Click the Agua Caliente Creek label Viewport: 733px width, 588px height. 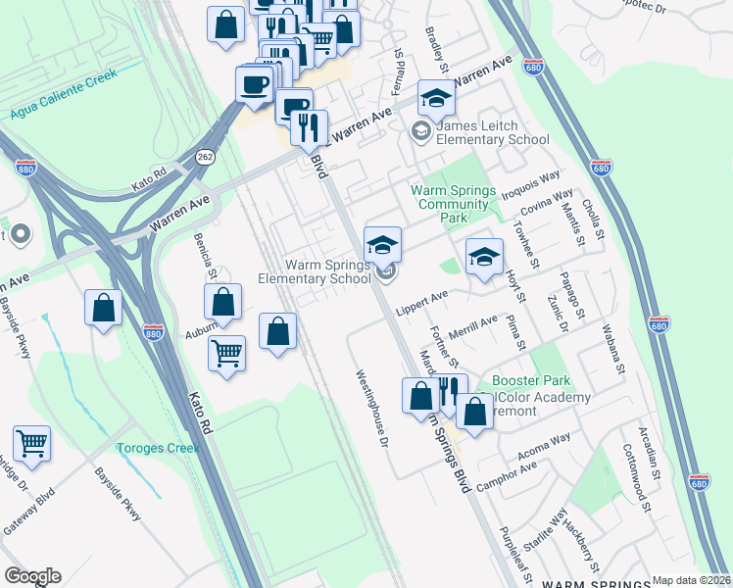[x=63, y=93]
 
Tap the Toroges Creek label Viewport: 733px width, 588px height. [x=158, y=448]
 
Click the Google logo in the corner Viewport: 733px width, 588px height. [x=32, y=576]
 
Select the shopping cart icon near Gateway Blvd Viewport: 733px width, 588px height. [x=31, y=443]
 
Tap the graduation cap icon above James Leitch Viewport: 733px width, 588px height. [x=436, y=98]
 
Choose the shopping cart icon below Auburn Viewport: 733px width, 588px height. [x=226, y=353]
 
